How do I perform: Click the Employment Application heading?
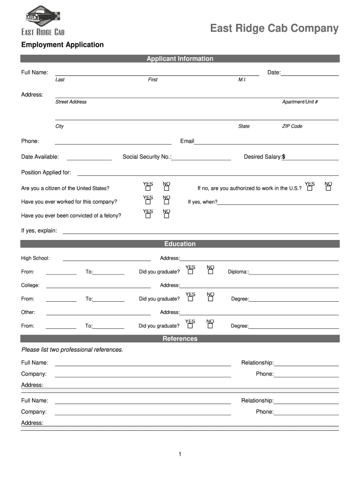(62, 45)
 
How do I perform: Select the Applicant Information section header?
(180, 58)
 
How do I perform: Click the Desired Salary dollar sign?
(283, 157)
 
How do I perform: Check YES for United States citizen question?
(148, 189)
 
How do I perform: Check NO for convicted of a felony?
(166, 216)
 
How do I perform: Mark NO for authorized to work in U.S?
(328, 189)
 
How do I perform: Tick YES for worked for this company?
(148, 202)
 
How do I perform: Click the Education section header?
(180, 244)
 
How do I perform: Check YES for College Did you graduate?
(190, 299)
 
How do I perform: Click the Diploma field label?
(238, 272)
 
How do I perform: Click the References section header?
(180, 339)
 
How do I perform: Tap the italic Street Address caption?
(71, 102)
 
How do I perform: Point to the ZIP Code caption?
(292, 126)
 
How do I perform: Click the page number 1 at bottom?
(180, 454)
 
